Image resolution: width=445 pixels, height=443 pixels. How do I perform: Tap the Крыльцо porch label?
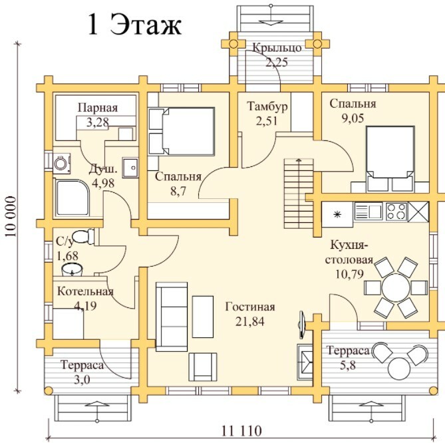coord(277,48)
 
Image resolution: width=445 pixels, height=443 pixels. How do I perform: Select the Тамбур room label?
coord(267,106)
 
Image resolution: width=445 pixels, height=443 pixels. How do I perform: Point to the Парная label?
coord(97,108)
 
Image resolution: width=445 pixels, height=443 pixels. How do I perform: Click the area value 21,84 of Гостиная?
coord(249,321)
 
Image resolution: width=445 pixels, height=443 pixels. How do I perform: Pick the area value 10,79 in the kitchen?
coord(349,273)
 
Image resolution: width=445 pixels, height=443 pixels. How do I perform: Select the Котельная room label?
coord(85,291)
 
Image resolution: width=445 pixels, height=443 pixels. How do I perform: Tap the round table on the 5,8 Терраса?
coord(400,367)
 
